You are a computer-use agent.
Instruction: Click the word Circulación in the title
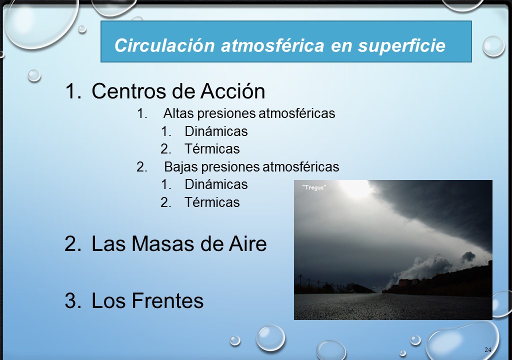[x=164, y=45]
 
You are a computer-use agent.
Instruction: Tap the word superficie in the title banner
[x=401, y=45]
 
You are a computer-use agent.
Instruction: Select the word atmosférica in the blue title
[x=272, y=45]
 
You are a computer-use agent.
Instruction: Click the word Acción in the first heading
[x=232, y=90]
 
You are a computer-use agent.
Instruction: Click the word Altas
[x=178, y=113]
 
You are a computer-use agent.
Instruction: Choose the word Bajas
[x=180, y=166]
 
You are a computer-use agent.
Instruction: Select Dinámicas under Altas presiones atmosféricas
[x=216, y=131]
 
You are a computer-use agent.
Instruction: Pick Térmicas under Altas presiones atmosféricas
[x=212, y=149]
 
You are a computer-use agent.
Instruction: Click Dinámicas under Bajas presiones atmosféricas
[x=216, y=184]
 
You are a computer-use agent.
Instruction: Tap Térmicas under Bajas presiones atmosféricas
[x=212, y=202]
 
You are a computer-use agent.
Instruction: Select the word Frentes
[x=167, y=300]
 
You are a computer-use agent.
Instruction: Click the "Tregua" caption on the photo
[x=314, y=187]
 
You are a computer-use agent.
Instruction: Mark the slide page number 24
[x=488, y=350]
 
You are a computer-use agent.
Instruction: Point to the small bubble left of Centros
[x=34, y=75]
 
